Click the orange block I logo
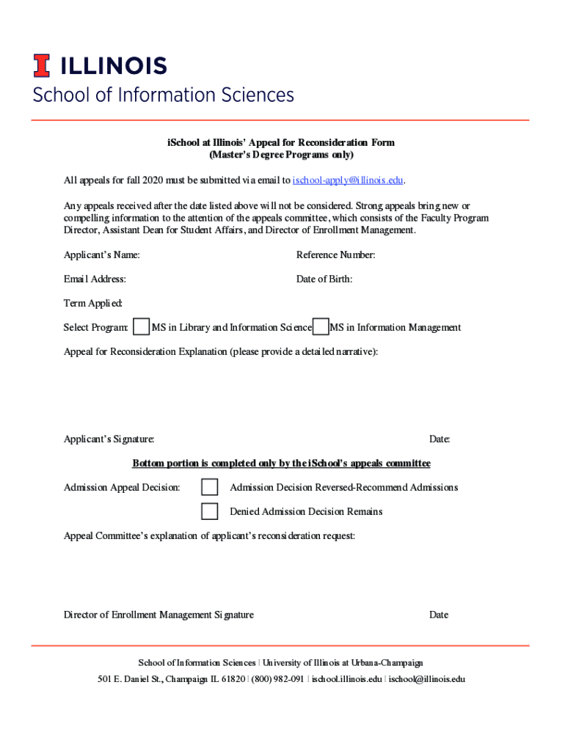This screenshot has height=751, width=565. tap(41, 66)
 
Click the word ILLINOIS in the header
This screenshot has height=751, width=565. tap(113, 66)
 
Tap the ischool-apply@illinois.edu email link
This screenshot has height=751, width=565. tap(349, 180)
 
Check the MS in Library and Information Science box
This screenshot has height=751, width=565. tap(142, 327)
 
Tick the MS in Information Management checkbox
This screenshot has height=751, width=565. tap(320, 327)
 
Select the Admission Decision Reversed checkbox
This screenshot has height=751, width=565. tap(210, 487)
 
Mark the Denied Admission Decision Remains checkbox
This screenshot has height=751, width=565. tap(210, 511)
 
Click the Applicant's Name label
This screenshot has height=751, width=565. tap(102, 255)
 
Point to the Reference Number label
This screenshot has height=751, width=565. tap(336, 255)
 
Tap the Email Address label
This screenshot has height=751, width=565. tap(95, 279)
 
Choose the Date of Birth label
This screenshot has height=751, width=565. tap(324, 279)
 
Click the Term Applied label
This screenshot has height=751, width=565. tap(93, 304)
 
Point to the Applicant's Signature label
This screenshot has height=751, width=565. tap(109, 439)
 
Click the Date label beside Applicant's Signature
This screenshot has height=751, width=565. tap(440, 439)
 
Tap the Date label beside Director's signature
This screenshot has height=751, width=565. tap(439, 615)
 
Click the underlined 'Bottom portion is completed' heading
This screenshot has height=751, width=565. tap(281, 464)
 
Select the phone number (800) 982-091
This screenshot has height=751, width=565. tap(278, 679)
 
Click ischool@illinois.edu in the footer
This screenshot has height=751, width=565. tap(427, 679)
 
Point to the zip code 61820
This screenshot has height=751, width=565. tap(233, 679)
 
